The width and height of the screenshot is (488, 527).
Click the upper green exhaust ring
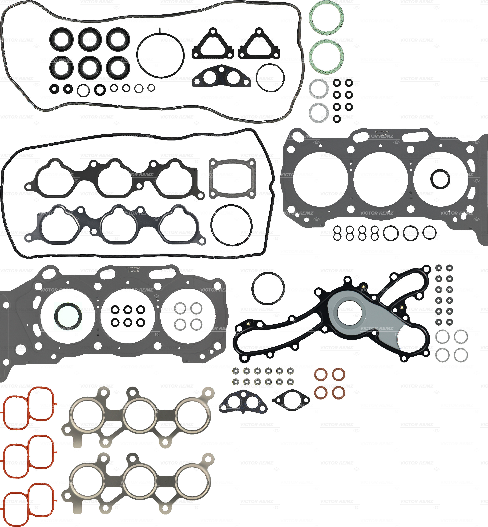point(326,18)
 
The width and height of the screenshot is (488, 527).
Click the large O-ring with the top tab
point(160,55)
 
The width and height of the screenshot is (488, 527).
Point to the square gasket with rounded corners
point(232,179)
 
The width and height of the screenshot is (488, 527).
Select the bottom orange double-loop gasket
point(28,500)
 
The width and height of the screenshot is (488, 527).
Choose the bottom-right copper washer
point(339,393)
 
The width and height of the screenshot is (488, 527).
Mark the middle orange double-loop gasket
point(28,452)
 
